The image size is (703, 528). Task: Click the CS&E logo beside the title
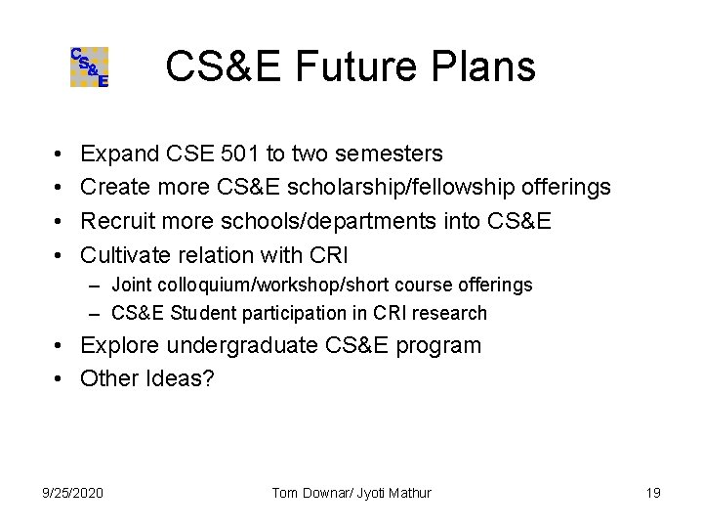click(89, 67)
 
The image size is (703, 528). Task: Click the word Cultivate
click(124, 256)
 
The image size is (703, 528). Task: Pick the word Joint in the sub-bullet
click(132, 285)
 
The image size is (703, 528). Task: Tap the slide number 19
click(653, 492)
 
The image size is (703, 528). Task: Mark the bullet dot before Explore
click(60, 345)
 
